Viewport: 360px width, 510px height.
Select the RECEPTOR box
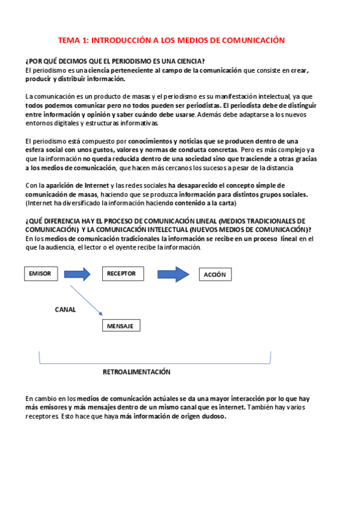121,274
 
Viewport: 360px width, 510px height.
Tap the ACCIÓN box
215,274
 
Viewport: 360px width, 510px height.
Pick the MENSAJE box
121,325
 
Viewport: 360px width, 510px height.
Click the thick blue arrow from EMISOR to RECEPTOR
76,274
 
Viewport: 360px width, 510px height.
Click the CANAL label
66,309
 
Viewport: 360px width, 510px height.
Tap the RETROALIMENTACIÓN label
136,372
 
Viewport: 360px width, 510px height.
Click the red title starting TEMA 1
171,40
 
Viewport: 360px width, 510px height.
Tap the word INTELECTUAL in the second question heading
169,230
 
